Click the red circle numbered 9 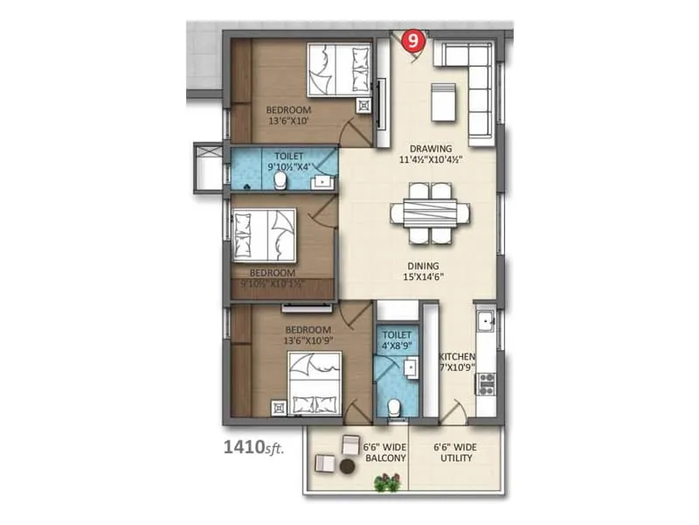pos(413,39)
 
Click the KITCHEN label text pos(457,362)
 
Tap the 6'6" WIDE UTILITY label pos(455,452)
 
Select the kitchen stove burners pos(487,381)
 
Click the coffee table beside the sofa pos(442,103)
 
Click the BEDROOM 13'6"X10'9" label pos(301,336)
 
